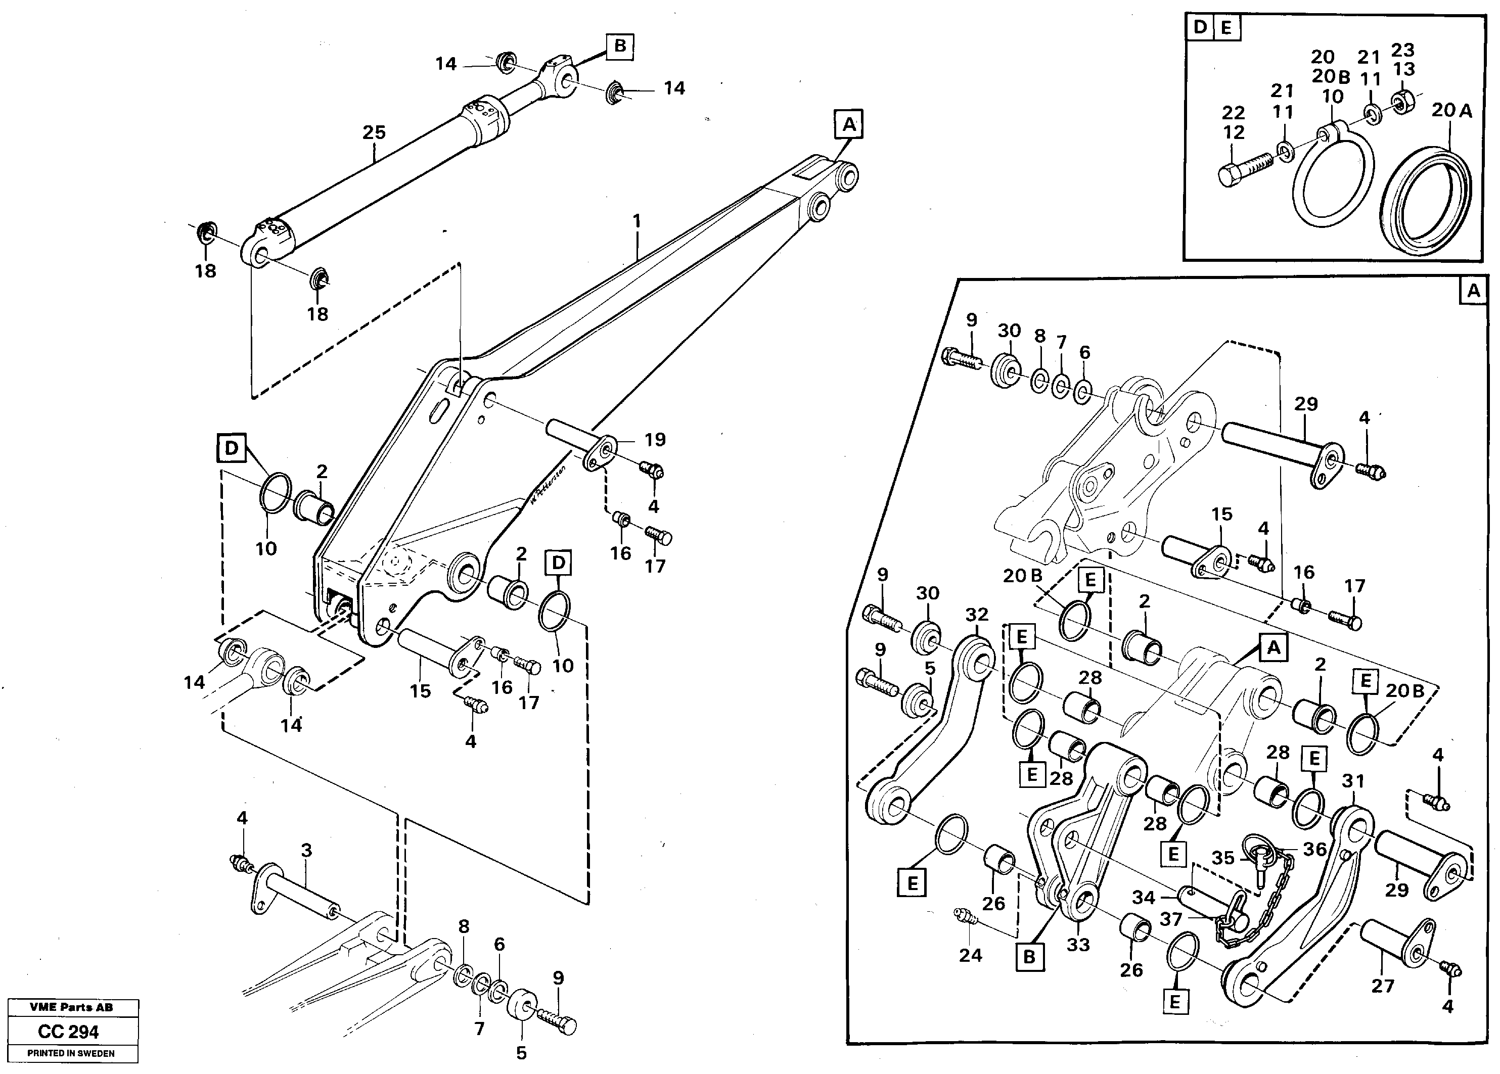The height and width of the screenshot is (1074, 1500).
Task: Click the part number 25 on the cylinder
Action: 374,132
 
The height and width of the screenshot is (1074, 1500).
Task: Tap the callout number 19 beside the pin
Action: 655,439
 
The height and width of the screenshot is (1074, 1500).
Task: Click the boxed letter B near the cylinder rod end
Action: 620,46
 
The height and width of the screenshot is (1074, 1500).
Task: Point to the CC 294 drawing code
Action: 68,1032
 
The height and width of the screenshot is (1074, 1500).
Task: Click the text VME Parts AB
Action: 71,1007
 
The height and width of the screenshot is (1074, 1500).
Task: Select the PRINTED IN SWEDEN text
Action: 71,1053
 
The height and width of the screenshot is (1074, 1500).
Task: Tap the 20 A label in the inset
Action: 1452,111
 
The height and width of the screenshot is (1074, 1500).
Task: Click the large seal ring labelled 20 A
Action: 1429,199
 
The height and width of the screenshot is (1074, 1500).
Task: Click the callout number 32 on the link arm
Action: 976,615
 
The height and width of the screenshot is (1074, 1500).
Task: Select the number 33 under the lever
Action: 1077,945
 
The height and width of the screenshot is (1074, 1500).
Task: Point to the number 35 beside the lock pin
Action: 1223,858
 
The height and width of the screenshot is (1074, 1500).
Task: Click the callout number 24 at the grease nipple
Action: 970,955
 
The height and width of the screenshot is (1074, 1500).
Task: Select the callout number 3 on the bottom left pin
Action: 306,851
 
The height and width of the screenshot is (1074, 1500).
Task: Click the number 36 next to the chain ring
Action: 1315,849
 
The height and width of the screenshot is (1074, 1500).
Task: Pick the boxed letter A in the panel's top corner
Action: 1473,291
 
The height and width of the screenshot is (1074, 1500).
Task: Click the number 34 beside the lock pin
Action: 1144,898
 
